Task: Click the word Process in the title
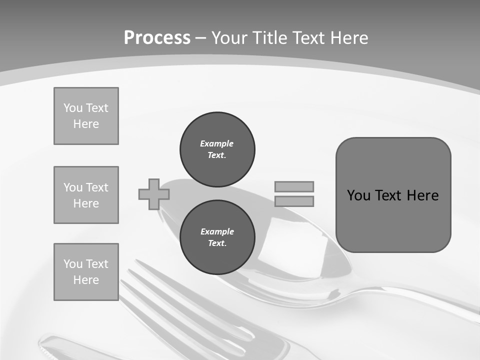[x=157, y=38]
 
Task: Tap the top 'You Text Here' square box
[x=86, y=116]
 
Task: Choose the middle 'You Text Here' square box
[x=86, y=195]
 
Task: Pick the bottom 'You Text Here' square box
[x=86, y=271]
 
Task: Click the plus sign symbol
[x=153, y=194]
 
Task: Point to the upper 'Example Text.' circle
[x=217, y=149]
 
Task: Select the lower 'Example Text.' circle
[x=217, y=237]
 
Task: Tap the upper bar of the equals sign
[x=294, y=186]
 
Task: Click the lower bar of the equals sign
[x=294, y=201]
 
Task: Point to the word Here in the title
[x=349, y=38]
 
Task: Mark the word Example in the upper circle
[x=216, y=143]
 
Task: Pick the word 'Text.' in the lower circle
[x=217, y=243]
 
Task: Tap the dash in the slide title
[x=201, y=38]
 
